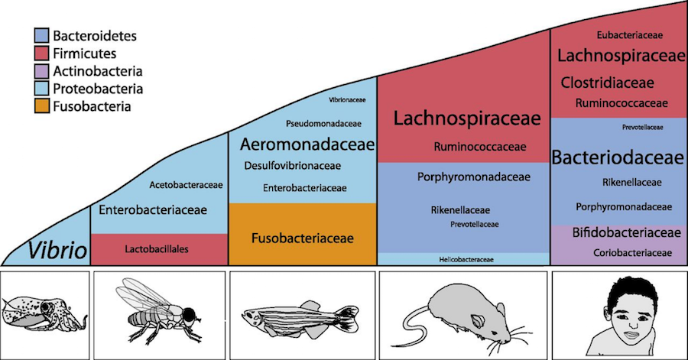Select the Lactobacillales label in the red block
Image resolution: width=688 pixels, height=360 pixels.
(x=158, y=248)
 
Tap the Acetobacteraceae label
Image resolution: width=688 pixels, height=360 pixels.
(x=187, y=184)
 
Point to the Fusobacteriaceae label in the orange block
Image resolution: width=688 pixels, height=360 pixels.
(x=303, y=238)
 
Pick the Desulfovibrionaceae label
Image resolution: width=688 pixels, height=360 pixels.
(x=293, y=166)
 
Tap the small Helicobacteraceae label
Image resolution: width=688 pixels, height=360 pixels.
(x=466, y=260)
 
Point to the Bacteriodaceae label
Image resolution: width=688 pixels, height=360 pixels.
(x=616, y=158)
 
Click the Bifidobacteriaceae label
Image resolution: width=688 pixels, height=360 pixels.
(x=615, y=232)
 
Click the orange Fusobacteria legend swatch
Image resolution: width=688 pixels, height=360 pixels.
(x=43, y=105)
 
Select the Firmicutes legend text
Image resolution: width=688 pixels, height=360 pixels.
(x=85, y=53)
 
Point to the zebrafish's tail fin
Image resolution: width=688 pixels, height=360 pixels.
(x=349, y=313)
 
